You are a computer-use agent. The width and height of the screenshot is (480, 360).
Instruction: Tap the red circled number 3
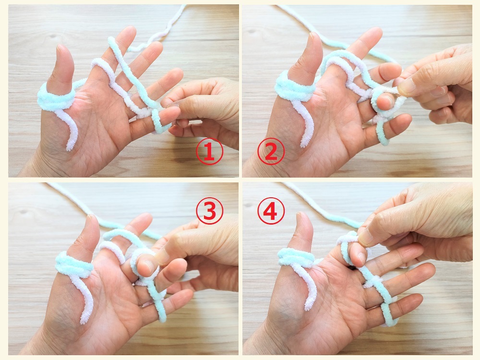(210, 211)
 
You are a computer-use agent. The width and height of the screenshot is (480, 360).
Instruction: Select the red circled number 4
(271, 211)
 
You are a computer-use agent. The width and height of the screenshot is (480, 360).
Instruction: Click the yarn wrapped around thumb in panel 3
(74, 265)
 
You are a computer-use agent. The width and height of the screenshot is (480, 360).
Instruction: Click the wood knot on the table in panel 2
(252, 32)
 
